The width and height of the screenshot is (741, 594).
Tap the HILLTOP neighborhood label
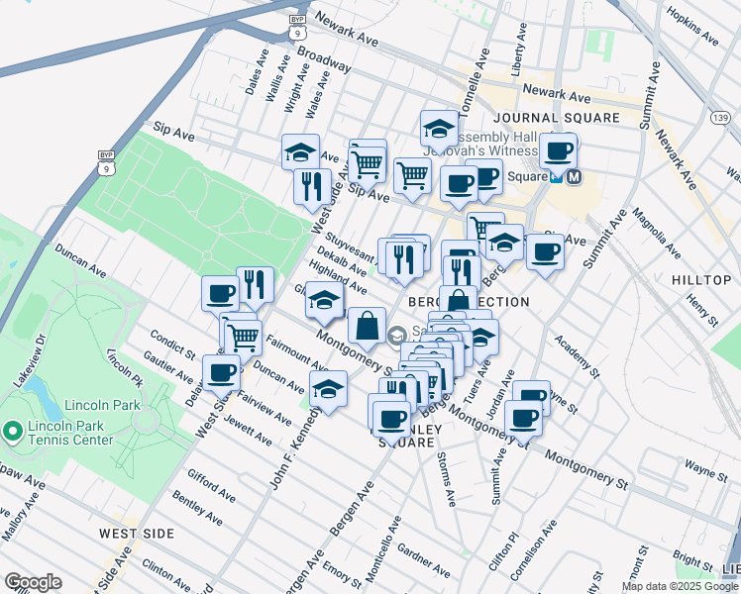701,281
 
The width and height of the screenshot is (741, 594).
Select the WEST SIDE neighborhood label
137,534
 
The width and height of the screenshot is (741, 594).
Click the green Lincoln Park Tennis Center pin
12,431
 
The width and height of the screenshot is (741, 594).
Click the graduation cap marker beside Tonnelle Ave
440,129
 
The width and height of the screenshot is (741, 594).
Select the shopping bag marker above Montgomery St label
367,326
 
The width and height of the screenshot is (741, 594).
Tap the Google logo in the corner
33,582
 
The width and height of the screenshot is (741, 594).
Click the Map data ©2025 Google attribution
680,586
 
